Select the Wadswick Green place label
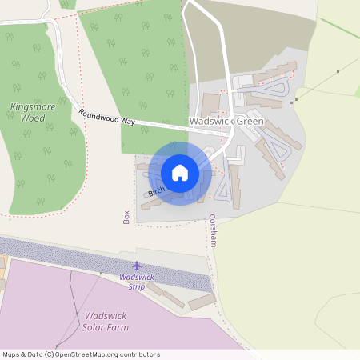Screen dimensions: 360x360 226,122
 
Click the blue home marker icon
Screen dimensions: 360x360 180,172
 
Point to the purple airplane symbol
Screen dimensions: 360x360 136,265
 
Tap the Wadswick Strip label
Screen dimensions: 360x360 136,282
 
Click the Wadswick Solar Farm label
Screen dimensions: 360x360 106,321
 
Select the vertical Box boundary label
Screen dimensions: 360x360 126,217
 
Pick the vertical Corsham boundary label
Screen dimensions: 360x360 213,230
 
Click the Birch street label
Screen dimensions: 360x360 156,190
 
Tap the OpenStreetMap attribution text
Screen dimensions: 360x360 80,354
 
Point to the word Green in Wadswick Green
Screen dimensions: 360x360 249,122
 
